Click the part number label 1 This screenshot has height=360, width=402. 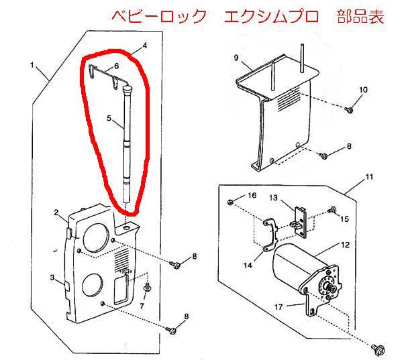(32, 64)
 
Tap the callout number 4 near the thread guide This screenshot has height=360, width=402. (143, 46)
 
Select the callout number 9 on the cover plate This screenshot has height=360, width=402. (236, 58)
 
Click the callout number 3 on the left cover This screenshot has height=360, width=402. (52, 277)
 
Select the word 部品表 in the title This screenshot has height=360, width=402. (362, 16)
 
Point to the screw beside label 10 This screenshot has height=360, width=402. (349, 109)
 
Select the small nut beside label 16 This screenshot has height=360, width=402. (230, 201)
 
